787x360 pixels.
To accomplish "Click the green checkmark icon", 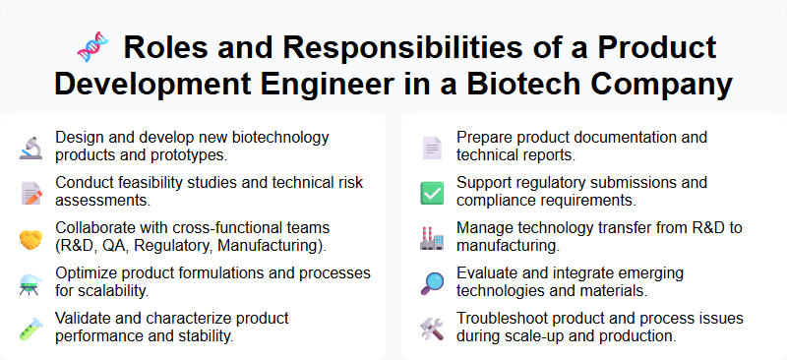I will pos(432,193).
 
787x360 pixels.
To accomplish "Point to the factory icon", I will pos(432,238).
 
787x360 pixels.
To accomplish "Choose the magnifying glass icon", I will pos(432,283).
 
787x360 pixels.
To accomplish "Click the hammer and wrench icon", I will pos(432,329).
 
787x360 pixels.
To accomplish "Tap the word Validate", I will pos(85,319).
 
